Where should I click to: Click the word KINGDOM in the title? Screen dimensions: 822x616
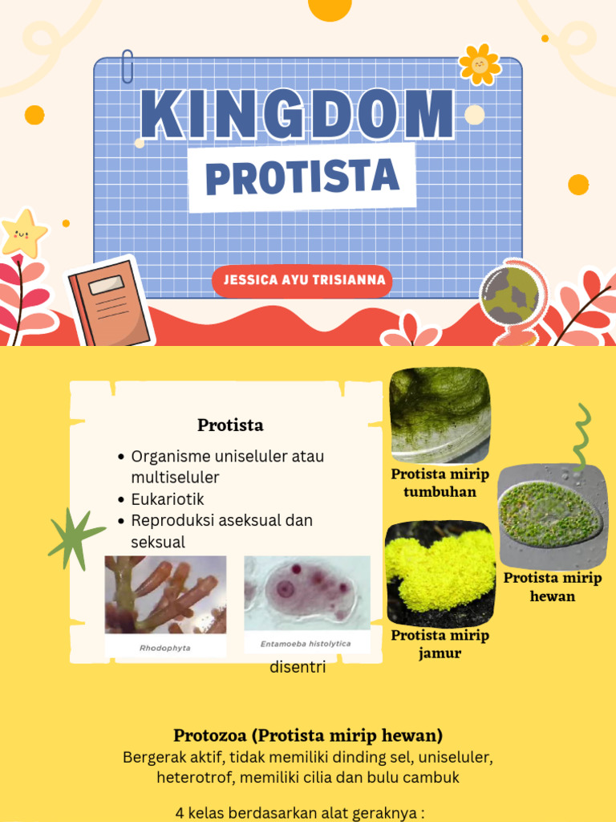(298, 114)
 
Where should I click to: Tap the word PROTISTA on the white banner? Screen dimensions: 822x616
(302, 177)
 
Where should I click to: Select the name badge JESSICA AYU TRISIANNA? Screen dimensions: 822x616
(303, 281)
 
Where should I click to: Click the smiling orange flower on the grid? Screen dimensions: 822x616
(480, 64)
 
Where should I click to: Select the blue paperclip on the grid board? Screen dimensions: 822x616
(127, 67)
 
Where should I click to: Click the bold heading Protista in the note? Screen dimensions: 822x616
(230, 425)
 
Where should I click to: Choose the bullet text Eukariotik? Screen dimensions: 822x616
(168, 499)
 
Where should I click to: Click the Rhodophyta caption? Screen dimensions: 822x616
(165, 647)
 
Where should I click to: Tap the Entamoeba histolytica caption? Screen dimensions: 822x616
(306, 644)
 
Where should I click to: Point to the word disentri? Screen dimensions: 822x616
(298, 667)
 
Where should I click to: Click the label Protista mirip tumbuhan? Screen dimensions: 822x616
(440, 482)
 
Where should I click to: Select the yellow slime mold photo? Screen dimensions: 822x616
(440, 572)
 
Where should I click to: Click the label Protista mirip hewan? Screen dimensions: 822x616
(552, 587)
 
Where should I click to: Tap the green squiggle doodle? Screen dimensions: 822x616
(582, 437)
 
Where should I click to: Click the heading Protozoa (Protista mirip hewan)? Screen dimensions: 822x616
(308, 735)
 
